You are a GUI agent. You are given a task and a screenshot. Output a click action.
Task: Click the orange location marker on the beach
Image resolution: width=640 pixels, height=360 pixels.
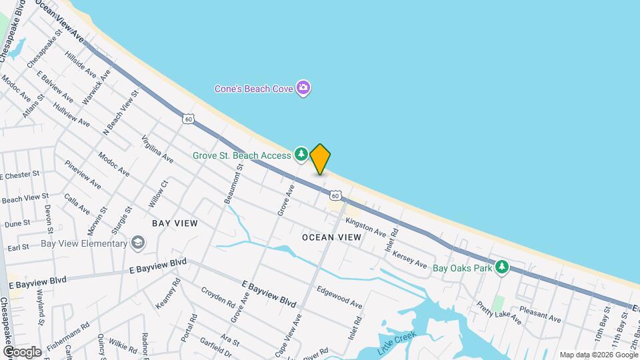(320, 159)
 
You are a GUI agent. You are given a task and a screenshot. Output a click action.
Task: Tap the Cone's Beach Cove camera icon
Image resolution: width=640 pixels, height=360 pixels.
(304, 88)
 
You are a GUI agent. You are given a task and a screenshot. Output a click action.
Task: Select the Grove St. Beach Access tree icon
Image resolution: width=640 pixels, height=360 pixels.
(301, 155)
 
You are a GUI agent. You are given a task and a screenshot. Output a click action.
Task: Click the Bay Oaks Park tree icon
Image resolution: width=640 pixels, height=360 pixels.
(502, 267)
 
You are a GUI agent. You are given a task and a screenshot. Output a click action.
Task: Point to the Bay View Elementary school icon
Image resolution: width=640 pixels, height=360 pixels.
(137, 243)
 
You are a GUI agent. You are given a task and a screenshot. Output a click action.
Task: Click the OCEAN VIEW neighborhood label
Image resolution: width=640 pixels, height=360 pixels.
(331, 237)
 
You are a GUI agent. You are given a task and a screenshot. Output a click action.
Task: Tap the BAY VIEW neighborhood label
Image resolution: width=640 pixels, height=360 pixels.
(175, 223)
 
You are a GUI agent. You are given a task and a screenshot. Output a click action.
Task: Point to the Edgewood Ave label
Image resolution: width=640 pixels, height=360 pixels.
(339, 297)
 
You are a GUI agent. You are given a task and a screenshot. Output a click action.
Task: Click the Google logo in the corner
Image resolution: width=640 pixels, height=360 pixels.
(22, 351)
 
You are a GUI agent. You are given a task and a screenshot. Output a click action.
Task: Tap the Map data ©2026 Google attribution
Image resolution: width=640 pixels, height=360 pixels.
(598, 355)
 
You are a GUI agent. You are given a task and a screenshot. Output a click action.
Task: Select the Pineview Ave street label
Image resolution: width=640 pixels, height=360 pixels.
(83, 174)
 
